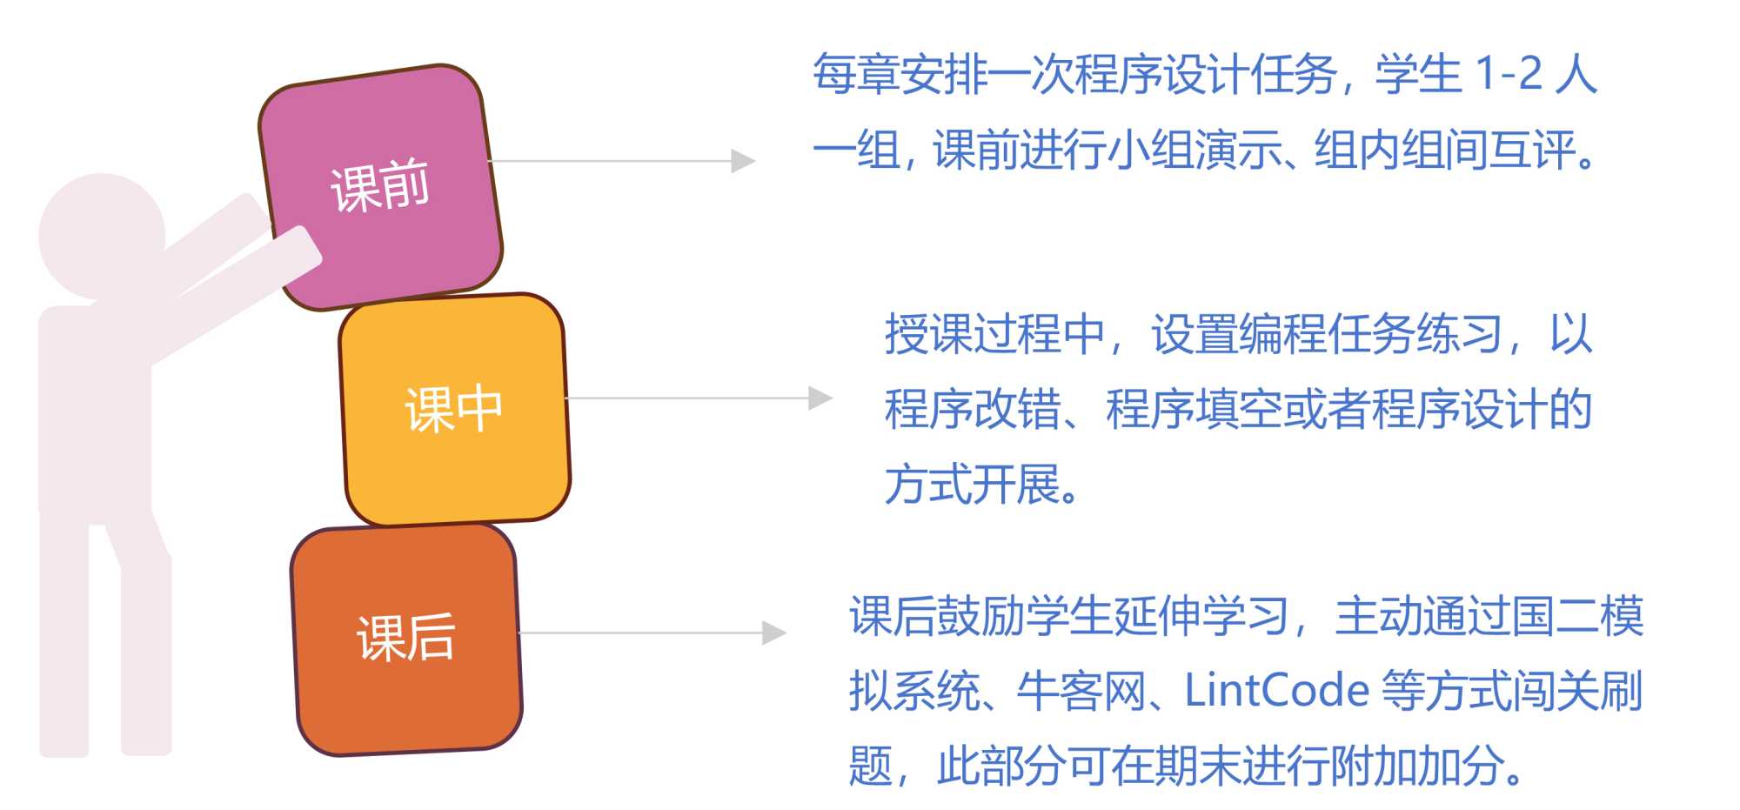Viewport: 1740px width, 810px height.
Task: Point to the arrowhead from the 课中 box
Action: tap(820, 398)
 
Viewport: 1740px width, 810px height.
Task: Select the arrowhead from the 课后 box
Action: tap(773, 633)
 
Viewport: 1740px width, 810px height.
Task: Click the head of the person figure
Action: tap(102, 235)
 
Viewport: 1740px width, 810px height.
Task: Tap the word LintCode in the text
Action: tap(1276, 692)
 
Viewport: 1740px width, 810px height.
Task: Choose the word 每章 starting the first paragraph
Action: tap(855, 74)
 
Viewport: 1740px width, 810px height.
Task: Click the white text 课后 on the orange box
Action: tap(406, 637)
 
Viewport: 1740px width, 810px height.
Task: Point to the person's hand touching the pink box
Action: tap(300, 248)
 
